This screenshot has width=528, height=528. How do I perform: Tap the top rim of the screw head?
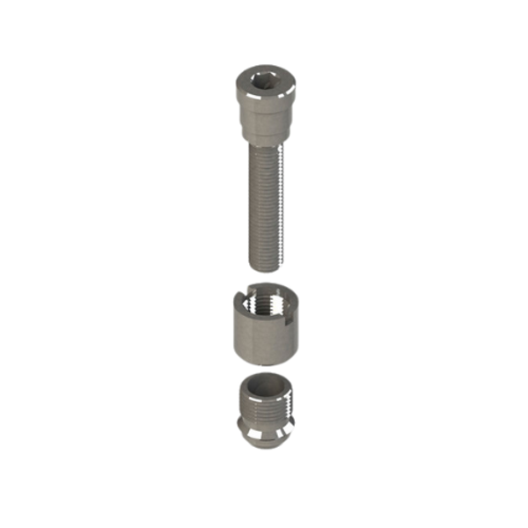(x=264, y=70)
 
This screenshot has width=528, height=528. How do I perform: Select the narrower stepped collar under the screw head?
(x=264, y=130)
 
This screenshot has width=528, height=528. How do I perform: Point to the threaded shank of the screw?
(x=264, y=202)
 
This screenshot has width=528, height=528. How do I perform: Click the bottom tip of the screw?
(x=264, y=267)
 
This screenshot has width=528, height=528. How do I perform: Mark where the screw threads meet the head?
(x=264, y=143)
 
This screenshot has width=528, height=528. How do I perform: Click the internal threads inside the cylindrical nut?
(x=265, y=304)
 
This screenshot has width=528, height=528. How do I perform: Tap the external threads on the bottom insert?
(x=264, y=409)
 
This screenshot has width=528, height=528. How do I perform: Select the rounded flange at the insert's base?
(x=264, y=434)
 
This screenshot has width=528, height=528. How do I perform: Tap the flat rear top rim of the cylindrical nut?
(x=268, y=287)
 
